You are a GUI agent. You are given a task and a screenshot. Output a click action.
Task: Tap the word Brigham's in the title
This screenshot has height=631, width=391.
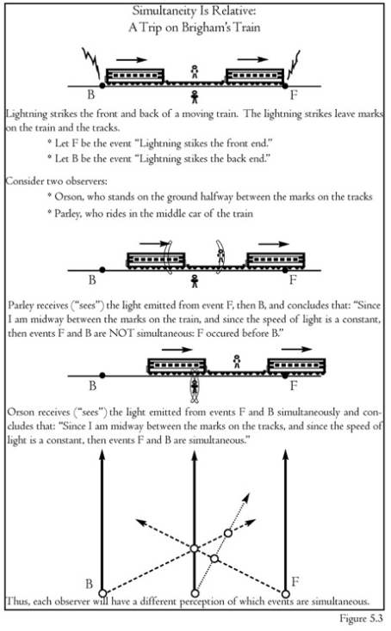[x=204, y=28]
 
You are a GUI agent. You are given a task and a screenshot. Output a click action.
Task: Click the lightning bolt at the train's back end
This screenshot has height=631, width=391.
[x=91, y=64]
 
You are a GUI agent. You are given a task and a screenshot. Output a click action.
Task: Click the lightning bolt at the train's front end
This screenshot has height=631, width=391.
[x=293, y=65]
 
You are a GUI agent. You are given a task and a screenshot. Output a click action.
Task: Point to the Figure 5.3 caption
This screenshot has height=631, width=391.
[x=361, y=618]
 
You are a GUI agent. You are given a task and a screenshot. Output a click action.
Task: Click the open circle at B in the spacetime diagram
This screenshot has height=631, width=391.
[x=102, y=593]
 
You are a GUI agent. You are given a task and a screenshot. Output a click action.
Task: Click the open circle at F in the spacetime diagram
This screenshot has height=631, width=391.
[x=285, y=594]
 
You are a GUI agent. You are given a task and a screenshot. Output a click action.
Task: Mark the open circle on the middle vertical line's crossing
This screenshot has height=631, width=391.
[x=195, y=548]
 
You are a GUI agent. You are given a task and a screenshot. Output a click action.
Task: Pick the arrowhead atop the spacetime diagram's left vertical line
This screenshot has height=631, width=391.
[x=102, y=455]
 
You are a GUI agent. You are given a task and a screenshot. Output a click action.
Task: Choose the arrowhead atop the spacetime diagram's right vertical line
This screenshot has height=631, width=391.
[x=286, y=455]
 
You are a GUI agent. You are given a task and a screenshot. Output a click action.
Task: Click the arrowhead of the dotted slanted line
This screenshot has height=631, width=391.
[x=246, y=498]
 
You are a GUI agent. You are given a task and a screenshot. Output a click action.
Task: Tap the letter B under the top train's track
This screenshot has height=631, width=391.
[x=91, y=95]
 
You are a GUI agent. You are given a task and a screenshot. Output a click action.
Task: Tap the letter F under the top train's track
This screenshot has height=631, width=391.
[x=294, y=95]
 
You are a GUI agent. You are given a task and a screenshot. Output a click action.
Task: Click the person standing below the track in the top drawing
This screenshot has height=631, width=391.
[x=195, y=97]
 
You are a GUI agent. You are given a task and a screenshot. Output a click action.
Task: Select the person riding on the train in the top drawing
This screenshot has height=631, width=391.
[x=195, y=71]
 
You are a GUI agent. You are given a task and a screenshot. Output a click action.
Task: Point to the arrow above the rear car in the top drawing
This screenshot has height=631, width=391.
[x=132, y=60]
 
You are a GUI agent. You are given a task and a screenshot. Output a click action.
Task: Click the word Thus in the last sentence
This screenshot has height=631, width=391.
[x=17, y=602]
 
